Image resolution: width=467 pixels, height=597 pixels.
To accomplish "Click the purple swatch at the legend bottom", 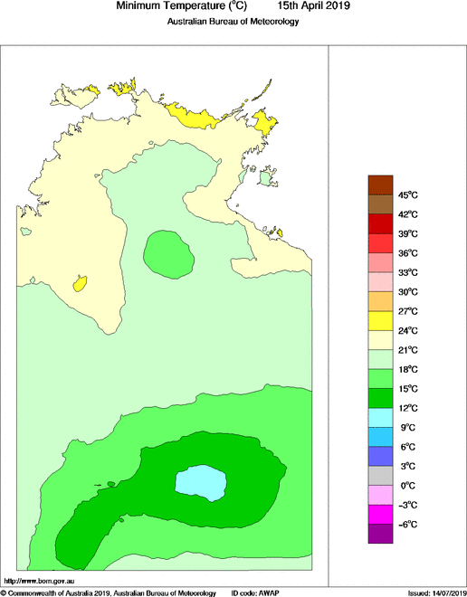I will click(380, 535).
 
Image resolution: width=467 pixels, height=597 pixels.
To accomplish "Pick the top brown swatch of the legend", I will click(380, 184).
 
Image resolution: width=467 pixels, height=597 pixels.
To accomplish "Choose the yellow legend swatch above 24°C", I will click(380, 320).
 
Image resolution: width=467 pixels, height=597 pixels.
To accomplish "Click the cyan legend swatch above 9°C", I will click(380, 418).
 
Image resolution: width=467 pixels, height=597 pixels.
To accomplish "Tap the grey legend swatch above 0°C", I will click(380, 476).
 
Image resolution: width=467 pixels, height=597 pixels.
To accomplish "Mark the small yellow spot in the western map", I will click(81, 283).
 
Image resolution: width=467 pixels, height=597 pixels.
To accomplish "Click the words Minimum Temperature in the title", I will click(168, 6).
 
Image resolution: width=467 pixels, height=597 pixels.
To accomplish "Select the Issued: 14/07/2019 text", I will click(436, 592).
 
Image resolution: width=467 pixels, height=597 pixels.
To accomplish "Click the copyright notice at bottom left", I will click(109, 592).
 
